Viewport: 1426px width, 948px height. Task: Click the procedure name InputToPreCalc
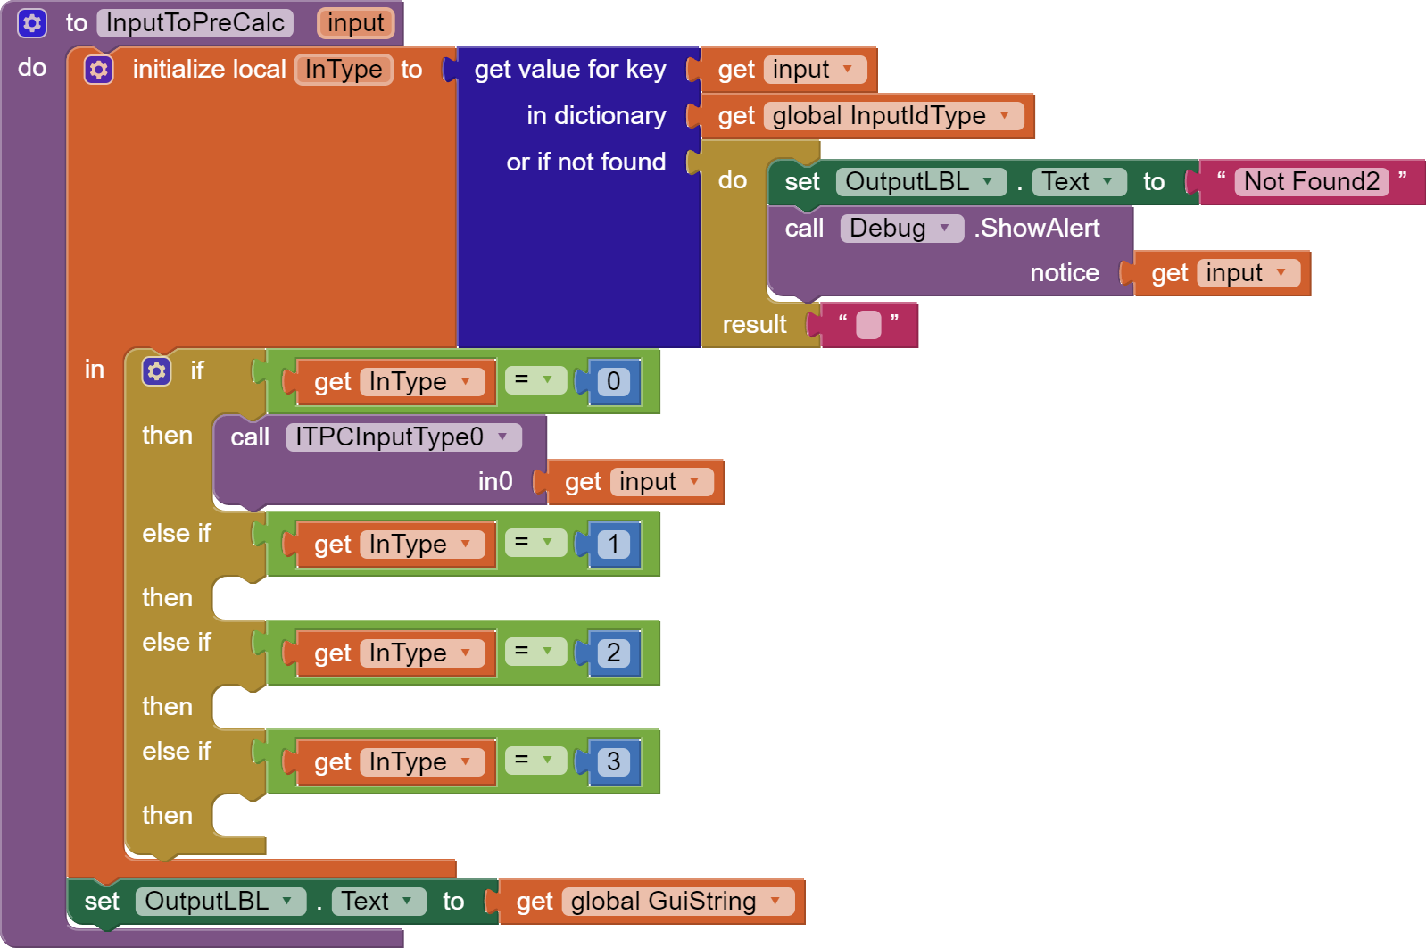[195, 23]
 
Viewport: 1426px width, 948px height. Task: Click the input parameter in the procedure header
[355, 23]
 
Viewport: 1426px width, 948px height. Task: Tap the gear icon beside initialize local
[99, 70]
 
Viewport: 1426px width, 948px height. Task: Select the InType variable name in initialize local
[344, 70]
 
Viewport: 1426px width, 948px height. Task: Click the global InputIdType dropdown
[892, 116]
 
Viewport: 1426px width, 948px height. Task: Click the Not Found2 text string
[1311, 182]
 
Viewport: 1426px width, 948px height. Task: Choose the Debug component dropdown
[900, 229]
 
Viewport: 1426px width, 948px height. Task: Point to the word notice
[1064, 273]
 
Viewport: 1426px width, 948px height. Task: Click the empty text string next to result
[867, 325]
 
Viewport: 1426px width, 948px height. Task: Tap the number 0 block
[614, 382]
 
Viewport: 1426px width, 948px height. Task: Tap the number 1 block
[614, 545]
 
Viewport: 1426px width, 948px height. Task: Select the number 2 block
[614, 653]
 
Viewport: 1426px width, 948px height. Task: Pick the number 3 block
[614, 762]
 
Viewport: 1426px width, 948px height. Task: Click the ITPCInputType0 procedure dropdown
[402, 437]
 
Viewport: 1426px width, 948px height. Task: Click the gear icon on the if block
[157, 371]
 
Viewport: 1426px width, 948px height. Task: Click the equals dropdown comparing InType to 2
[535, 652]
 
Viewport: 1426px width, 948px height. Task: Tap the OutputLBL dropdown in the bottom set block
[220, 902]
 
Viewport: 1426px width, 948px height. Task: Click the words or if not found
[585, 162]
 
